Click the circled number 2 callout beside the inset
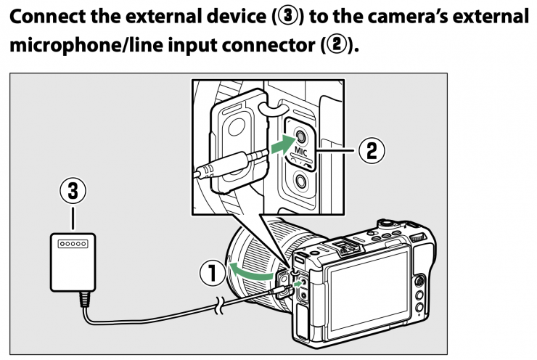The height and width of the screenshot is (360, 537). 370,151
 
